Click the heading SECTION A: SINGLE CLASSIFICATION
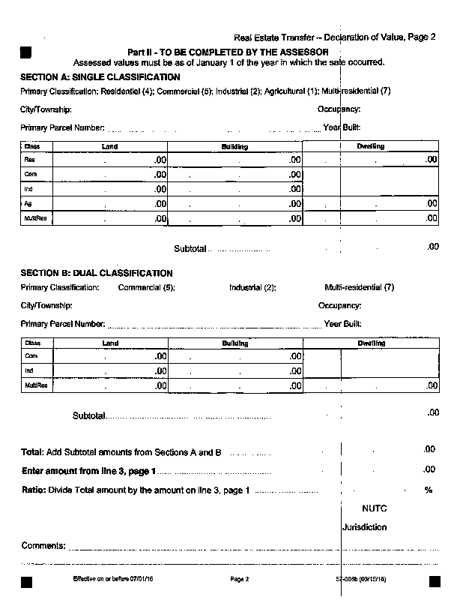pos(100,76)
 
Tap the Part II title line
pos(228,51)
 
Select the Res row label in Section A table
pos(30,160)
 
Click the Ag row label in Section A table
pos(28,203)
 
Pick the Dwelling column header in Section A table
pos(371,146)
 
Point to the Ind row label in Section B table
pos(29,371)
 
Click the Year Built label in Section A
pos(342,127)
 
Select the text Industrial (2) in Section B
pos(252,287)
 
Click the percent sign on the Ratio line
pos(429,490)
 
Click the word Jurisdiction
pos(365,527)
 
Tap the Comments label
pos(43,545)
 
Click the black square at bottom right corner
pos(434,581)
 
